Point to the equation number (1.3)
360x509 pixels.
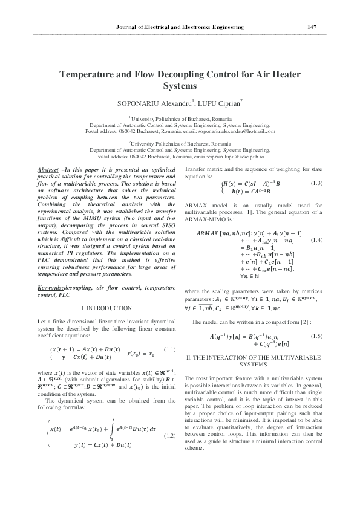click(x=316, y=183)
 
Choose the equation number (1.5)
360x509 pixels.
click(x=316, y=335)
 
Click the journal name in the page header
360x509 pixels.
click(x=179, y=27)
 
